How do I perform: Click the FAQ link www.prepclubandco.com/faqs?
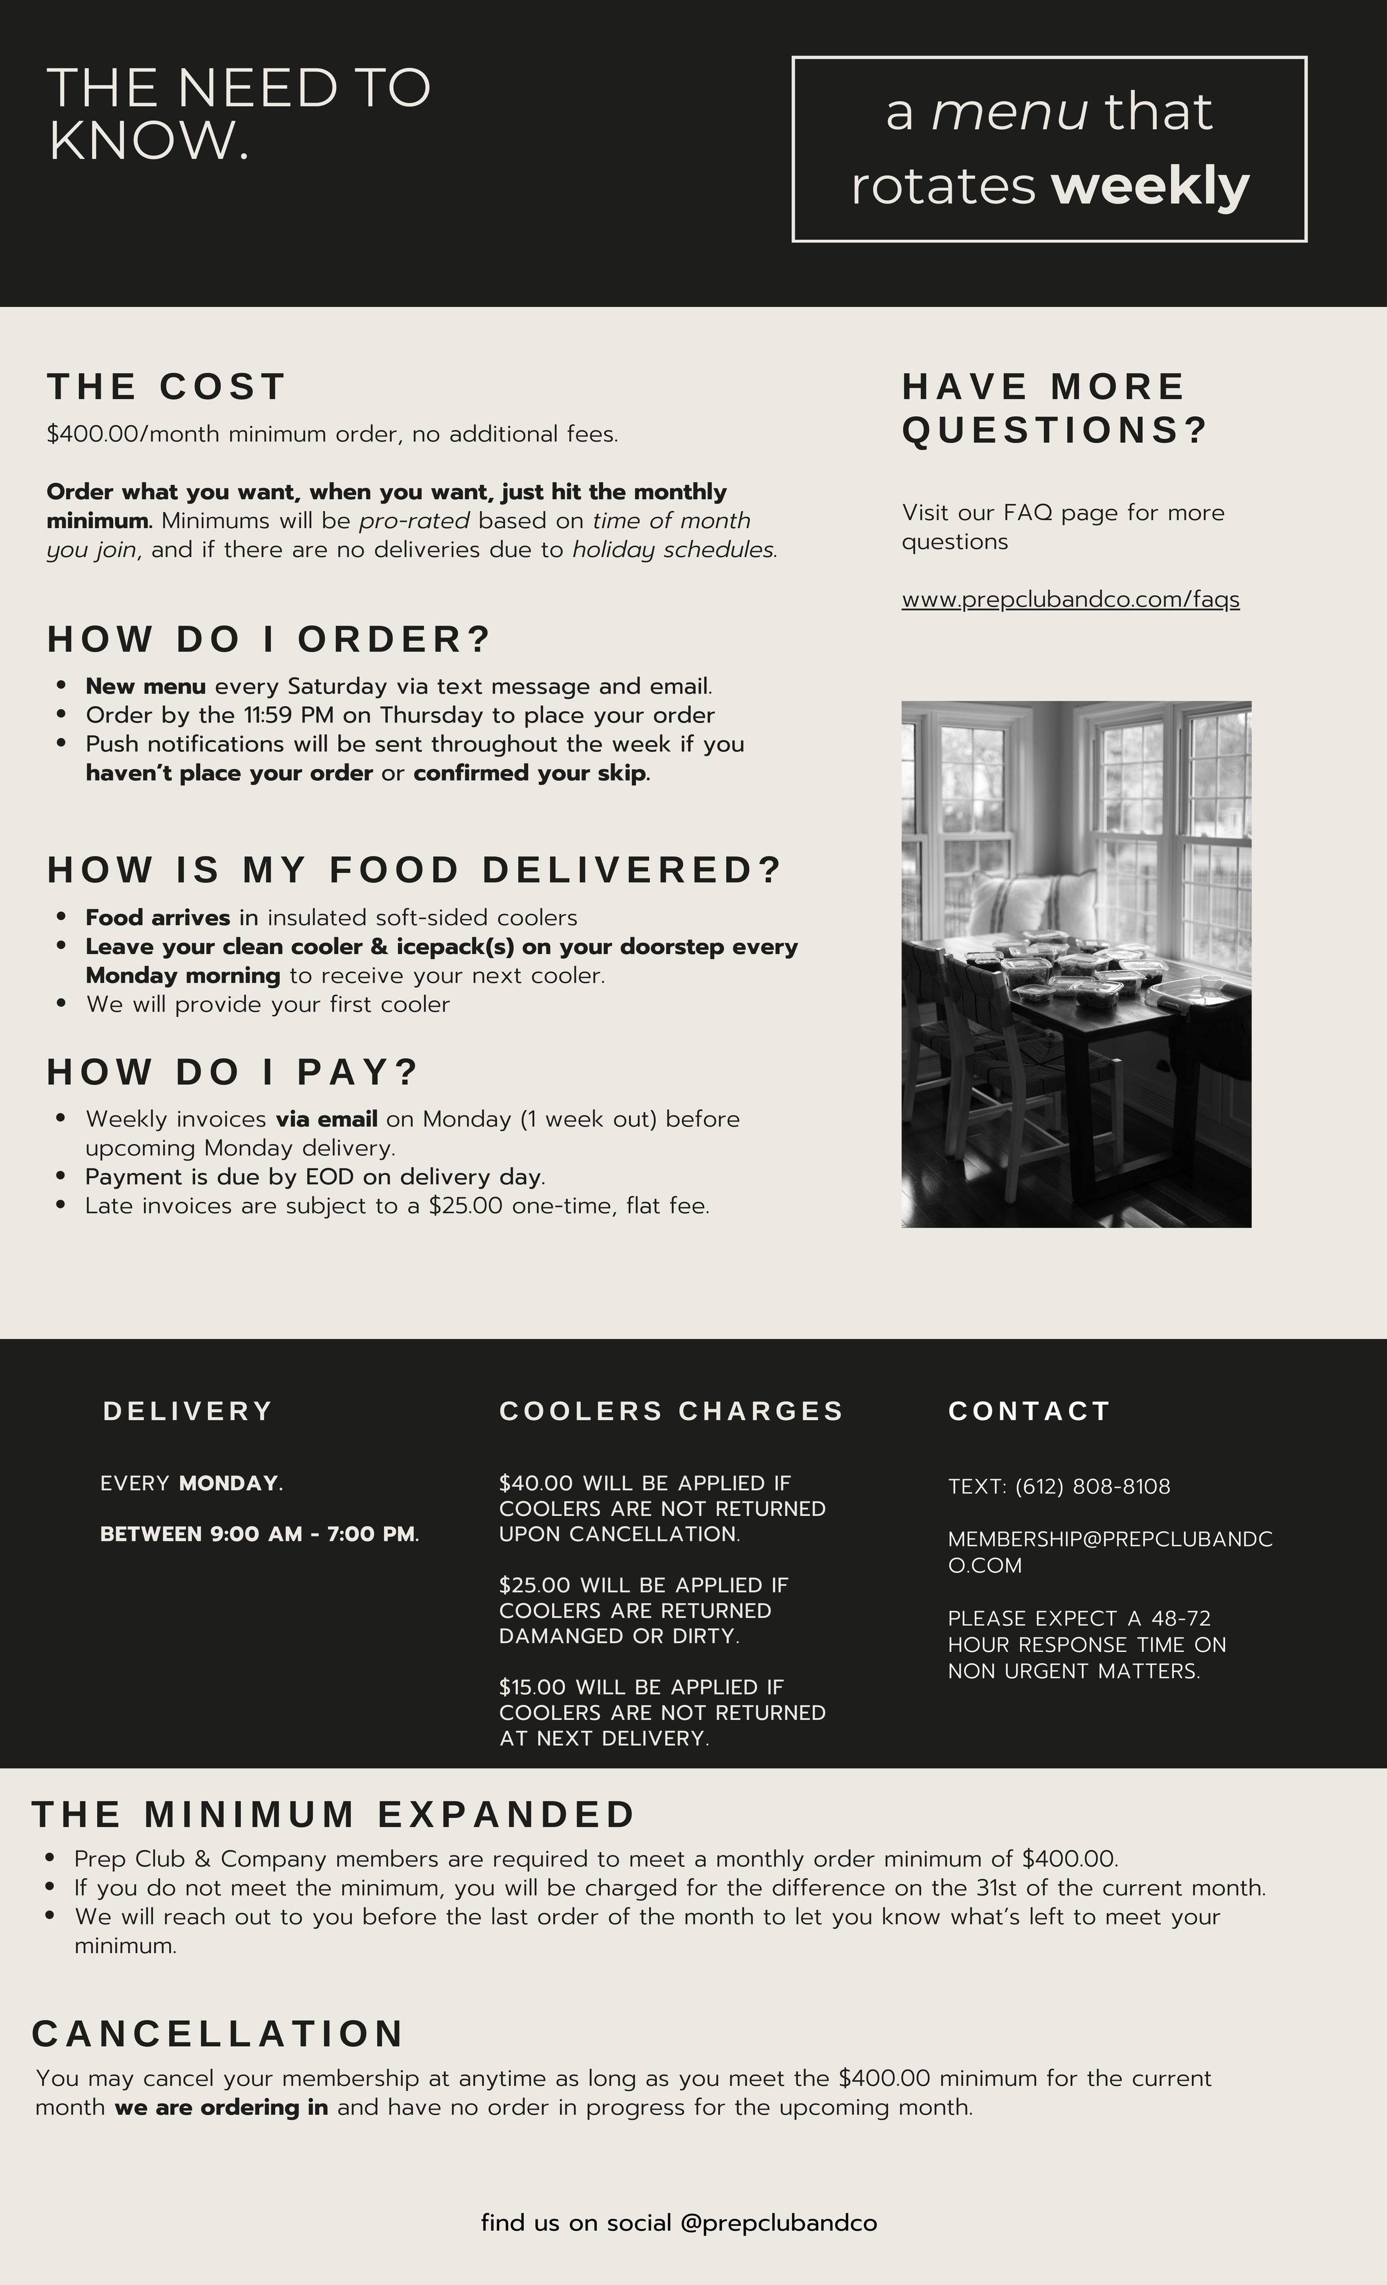1070,600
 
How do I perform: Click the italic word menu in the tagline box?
1010,112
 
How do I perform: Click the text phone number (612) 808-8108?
1092,1487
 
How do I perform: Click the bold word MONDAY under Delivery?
229,1483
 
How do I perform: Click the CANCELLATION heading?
218,2034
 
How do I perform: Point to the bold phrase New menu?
145,686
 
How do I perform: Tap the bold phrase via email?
326,1119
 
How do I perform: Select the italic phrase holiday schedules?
674,550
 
